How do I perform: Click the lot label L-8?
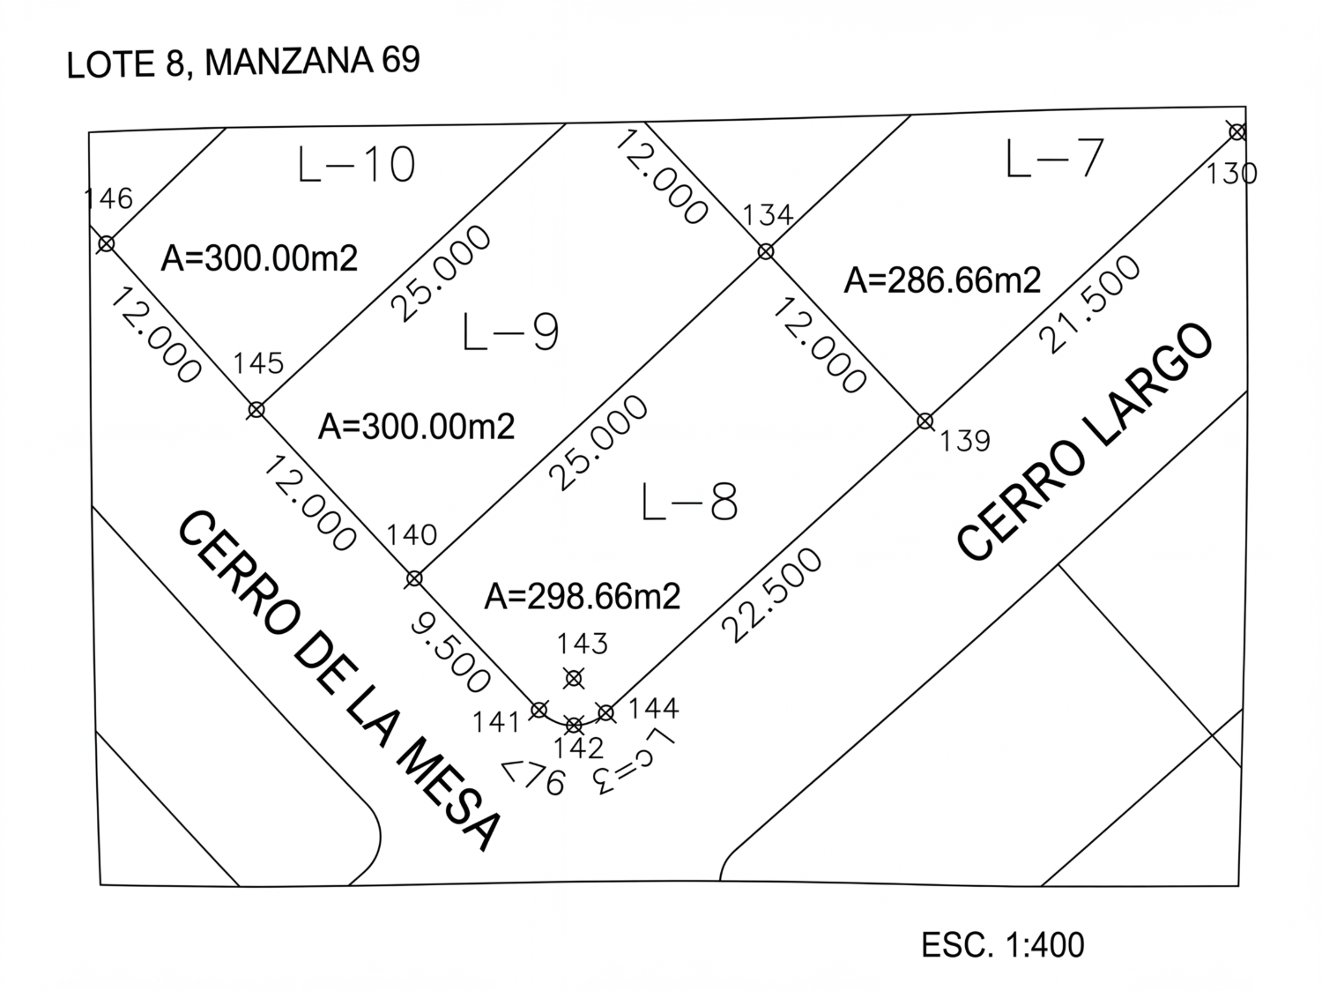point(689,503)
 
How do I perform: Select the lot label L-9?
point(510,332)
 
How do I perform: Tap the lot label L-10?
point(357,165)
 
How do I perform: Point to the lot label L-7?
point(1054,160)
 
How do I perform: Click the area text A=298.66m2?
point(582,597)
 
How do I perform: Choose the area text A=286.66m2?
point(942,280)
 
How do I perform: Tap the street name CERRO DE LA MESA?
point(339,679)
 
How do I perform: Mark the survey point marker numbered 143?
point(574,678)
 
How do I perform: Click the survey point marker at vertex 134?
point(766,251)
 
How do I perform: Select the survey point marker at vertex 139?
point(925,421)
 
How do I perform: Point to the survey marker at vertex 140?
point(413,579)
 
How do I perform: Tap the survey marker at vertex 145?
point(256,410)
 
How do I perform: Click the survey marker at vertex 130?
point(1237,132)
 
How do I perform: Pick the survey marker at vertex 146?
point(106,243)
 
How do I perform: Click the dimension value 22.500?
point(772,595)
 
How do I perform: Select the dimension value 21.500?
point(1090,305)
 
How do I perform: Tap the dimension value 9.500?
point(450,653)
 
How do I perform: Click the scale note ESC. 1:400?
point(1002,945)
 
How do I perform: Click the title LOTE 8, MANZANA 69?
point(243,63)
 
